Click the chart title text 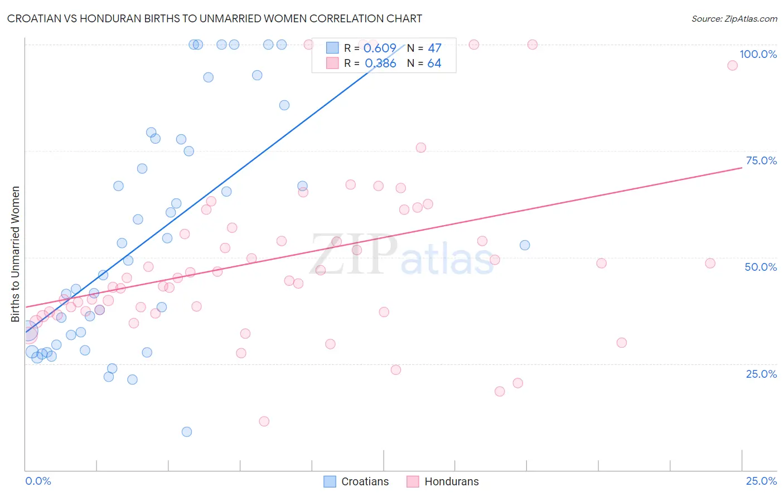click(215, 18)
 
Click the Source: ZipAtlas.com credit click(734, 18)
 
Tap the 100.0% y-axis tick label click(758, 54)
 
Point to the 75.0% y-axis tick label click(761, 160)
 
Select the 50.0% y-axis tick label click(761, 267)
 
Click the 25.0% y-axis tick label click(761, 374)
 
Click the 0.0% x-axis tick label click(38, 481)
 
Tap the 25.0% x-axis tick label click(761, 481)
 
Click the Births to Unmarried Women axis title click(16, 254)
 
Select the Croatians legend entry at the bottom click(357, 481)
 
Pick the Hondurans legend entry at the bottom click(443, 481)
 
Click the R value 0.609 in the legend click(380, 48)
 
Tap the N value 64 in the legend click(434, 64)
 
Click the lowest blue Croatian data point click(187, 432)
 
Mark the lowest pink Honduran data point click(264, 421)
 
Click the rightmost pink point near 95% click(732, 65)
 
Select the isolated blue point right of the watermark click(525, 245)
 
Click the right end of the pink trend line click(742, 167)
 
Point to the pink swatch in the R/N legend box click(332, 63)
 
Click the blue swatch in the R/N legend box click(332, 48)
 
